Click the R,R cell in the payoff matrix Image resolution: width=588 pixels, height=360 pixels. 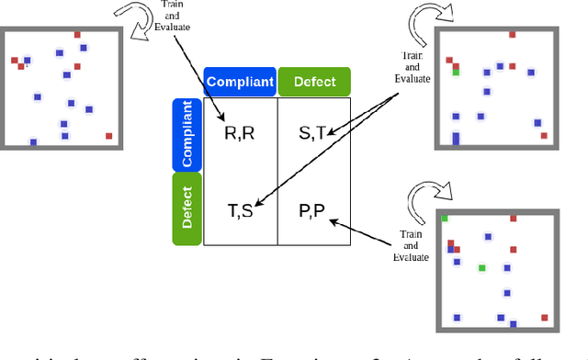[x=239, y=133]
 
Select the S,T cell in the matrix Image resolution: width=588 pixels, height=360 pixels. [x=312, y=133]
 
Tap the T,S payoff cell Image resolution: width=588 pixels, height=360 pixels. [x=239, y=210]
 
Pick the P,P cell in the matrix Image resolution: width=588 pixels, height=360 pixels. [x=312, y=210]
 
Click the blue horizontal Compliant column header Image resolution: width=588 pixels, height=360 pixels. [x=240, y=82]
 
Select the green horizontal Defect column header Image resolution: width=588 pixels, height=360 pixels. [x=314, y=82]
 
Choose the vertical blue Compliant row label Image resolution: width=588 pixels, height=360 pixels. [x=187, y=134]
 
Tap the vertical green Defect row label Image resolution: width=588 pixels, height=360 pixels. [x=187, y=209]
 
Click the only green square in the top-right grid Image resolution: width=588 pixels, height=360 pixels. [x=456, y=72]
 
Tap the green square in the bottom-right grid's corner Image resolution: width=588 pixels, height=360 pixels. [x=445, y=219]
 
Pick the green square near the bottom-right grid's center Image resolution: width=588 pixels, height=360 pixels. [x=481, y=268]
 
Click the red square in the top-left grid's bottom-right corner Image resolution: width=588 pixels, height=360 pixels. [x=108, y=136]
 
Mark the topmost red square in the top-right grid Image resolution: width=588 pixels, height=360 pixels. [x=513, y=36]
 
